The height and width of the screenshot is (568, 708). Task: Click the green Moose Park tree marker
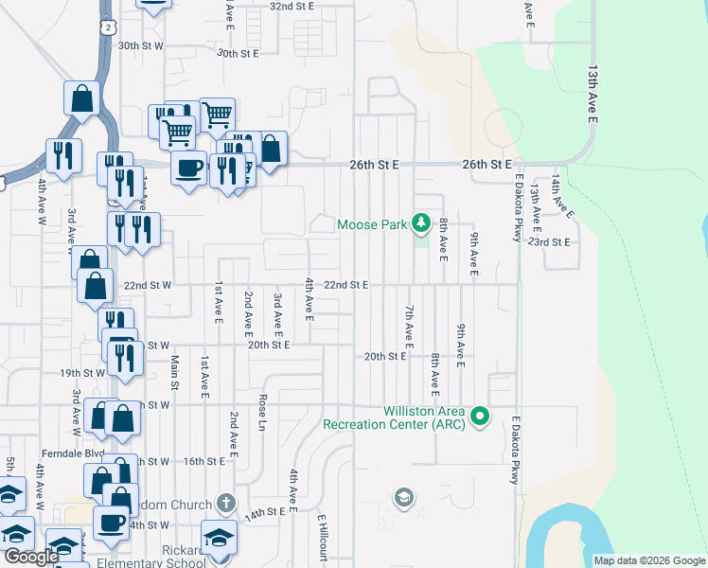[420, 224]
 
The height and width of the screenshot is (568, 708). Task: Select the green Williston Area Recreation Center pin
[481, 416]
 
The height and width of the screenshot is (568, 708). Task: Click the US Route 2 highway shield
[109, 28]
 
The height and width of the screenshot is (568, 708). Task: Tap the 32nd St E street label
[292, 6]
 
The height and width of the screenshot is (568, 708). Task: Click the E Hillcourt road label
[322, 537]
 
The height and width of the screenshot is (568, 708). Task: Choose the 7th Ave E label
[410, 325]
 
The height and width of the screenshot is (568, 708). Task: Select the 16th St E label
[204, 461]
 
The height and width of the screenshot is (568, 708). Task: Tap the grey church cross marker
[224, 502]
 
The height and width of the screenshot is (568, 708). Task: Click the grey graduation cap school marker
[404, 498]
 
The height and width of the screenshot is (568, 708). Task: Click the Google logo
[31, 557]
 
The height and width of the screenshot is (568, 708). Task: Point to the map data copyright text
[649, 560]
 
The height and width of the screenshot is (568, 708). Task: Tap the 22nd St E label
[345, 284]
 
